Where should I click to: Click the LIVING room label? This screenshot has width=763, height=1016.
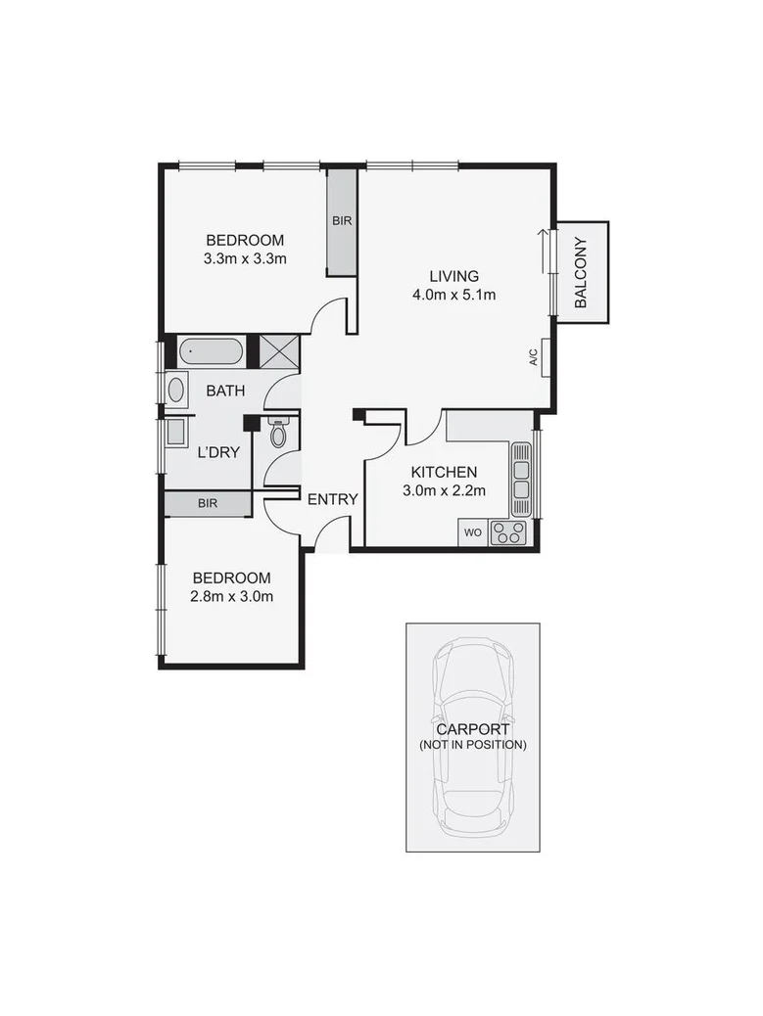(x=453, y=275)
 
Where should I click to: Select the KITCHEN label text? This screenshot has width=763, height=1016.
(x=444, y=472)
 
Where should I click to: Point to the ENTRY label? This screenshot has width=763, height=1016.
(x=333, y=499)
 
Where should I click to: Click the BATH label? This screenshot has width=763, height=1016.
(x=225, y=391)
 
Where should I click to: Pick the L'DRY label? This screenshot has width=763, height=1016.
(x=219, y=453)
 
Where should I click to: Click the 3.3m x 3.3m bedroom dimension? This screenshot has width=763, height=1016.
(x=245, y=259)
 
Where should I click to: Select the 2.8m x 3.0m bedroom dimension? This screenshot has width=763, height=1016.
(x=232, y=596)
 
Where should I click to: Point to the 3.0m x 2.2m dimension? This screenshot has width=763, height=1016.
(x=445, y=491)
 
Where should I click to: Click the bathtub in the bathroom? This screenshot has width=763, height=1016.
(x=212, y=350)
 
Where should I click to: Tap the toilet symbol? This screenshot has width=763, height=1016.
(x=278, y=434)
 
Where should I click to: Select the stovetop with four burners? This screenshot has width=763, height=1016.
(x=508, y=532)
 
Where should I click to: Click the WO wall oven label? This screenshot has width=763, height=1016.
(x=472, y=533)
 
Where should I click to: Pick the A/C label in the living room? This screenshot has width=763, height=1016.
(x=534, y=359)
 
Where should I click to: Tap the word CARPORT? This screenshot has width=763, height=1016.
(x=472, y=729)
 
